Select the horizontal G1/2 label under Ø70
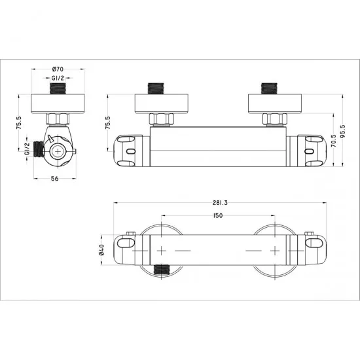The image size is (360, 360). pos(57,78)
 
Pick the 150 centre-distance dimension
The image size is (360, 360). pos(218,217)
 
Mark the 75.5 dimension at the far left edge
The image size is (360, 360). pos(19,122)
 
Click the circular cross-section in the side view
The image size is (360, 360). pos(58,151)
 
